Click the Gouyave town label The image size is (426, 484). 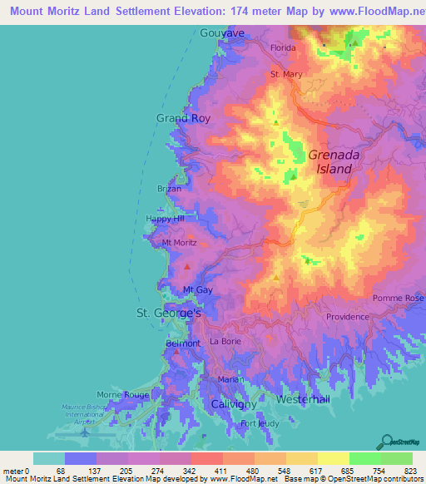pyautogui.click(x=222, y=32)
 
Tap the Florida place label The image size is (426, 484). pyautogui.click(x=281, y=48)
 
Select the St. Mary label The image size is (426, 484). pyautogui.click(x=286, y=74)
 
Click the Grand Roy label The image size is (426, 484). pyautogui.click(x=183, y=118)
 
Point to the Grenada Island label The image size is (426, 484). pyautogui.click(x=330, y=161)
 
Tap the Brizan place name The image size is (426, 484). pyautogui.click(x=169, y=189)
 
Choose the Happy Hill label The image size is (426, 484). pyautogui.click(x=163, y=219)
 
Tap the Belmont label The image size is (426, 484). pyautogui.click(x=183, y=343)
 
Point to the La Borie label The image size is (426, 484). pyautogui.click(x=225, y=342)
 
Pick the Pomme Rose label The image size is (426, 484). pyautogui.click(x=399, y=298)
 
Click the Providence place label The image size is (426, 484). pyautogui.click(x=347, y=317)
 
